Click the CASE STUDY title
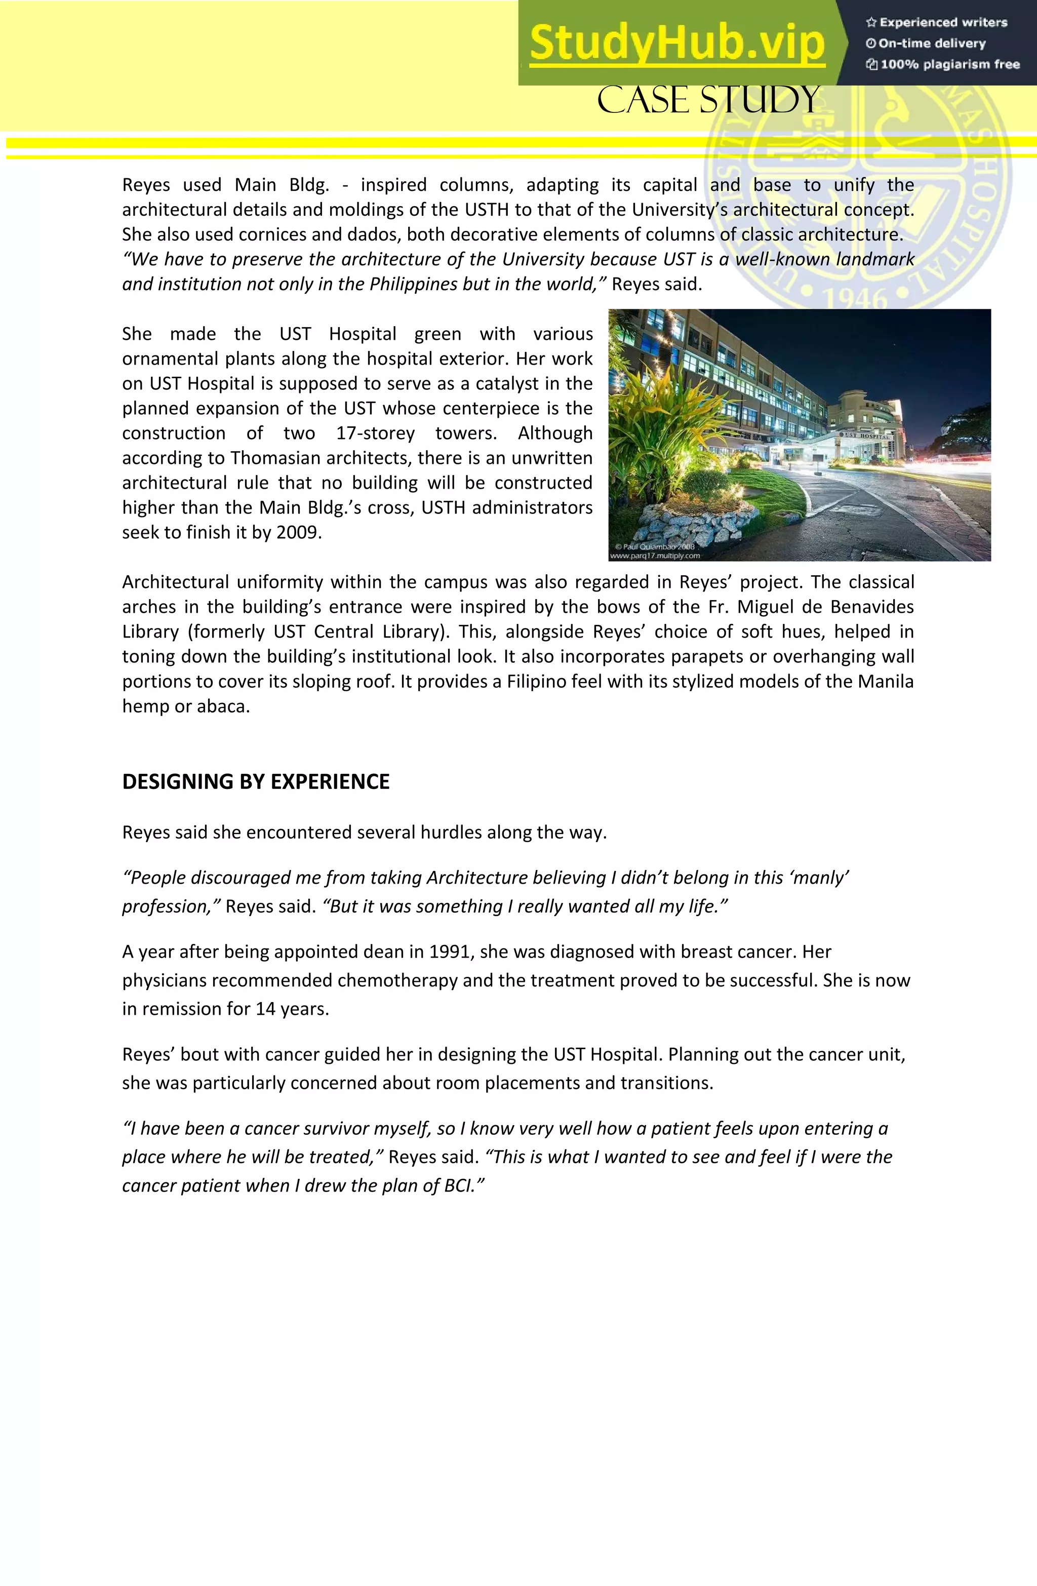tap(708, 100)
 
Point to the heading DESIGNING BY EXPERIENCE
tap(255, 781)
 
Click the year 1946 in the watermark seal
tap(856, 297)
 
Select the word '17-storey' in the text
tap(375, 433)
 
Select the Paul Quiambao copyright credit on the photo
tap(655, 546)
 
